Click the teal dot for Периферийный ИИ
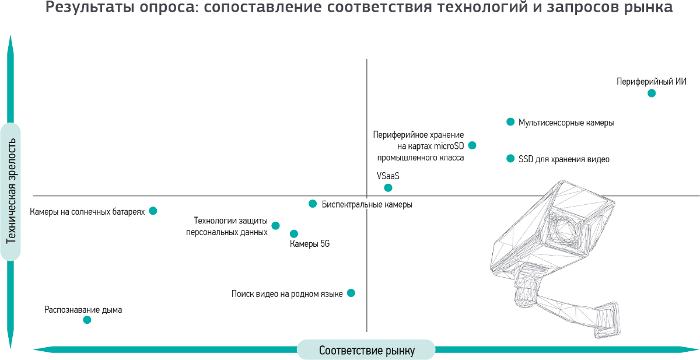[x=652, y=93]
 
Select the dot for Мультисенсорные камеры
[x=510, y=122]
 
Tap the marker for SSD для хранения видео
[x=510, y=158]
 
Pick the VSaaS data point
[x=388, y=188]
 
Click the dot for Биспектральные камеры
[x=313, y=204]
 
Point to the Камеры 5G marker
[x=294, y=233]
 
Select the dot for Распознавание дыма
[x=87, y=320]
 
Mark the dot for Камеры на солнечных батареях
[x=153, y=211]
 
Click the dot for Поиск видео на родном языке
[x=351, y=293]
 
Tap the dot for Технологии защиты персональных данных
[x=275, y=225]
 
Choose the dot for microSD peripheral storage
[x=472, y=145]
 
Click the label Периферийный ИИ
[x=652, y=82]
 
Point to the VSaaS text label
[x=388, y=176]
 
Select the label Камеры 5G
[x=310, y=244]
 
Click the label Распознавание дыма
[x=83, y=310]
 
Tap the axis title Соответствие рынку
[x=366, y=351]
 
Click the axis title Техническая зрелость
[x=10, y=192]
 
